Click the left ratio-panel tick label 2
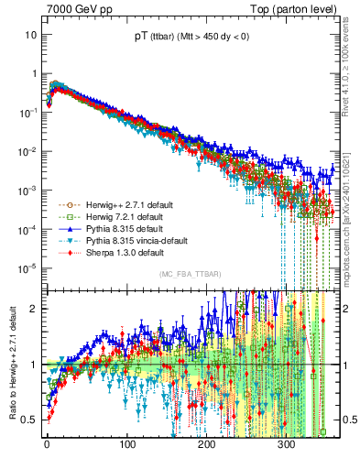tap(33, 308)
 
